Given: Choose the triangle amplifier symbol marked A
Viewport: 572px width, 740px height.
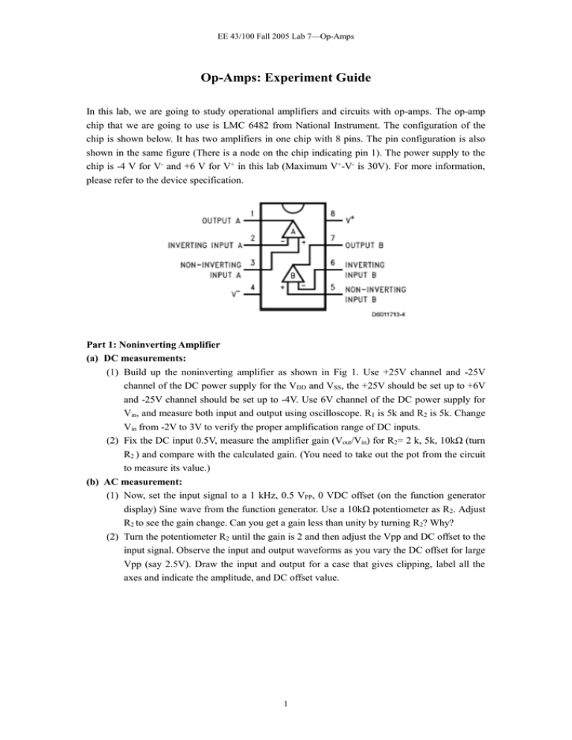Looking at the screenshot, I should coord(293,232).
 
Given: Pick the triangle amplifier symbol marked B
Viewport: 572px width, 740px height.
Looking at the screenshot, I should coord(296,273).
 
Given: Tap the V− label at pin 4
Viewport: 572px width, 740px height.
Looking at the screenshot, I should coord(235,293).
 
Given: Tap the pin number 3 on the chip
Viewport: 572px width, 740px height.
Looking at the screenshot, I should coord(252,262).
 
